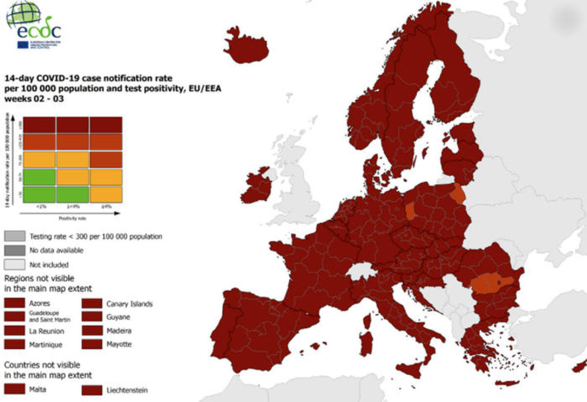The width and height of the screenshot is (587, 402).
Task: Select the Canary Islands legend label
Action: click(129, 304)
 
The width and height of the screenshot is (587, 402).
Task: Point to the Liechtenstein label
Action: click(127, 390)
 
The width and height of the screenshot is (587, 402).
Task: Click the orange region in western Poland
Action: click(411, 212)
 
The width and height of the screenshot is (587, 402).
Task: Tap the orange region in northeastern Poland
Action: click(458, 194)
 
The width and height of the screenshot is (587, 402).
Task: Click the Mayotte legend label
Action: click(119, 344)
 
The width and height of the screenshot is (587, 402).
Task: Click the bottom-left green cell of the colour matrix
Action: click(40, 194)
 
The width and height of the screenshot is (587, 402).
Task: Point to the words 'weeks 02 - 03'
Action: click(34, 98)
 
